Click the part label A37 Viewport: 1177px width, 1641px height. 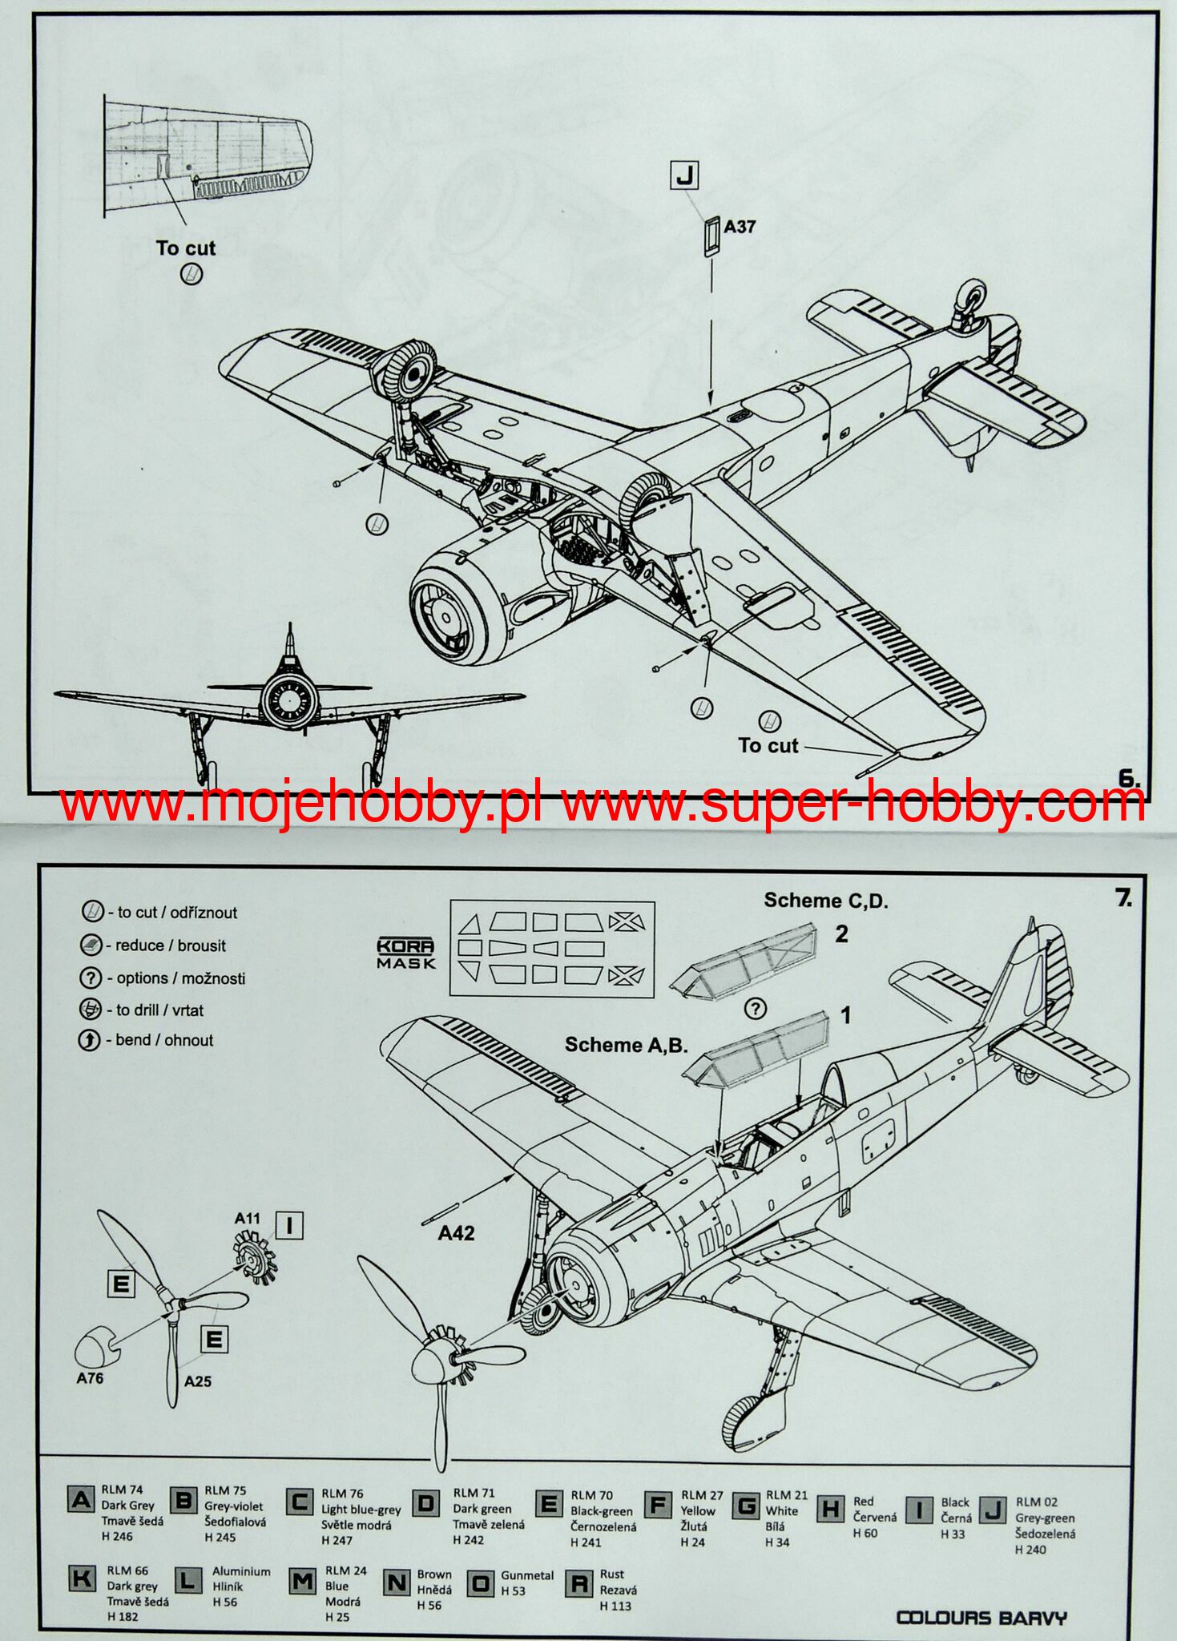[739, 227]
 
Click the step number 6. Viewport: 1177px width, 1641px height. [1128, 778]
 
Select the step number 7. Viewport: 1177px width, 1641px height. [1123, 899]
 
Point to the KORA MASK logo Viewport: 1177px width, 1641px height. [406, 954]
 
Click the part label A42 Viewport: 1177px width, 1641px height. [456, 1233]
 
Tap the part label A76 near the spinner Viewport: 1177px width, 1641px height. [90, 1378]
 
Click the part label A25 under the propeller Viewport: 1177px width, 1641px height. [197, 1381]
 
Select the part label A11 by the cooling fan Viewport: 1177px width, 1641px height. [248, 1219]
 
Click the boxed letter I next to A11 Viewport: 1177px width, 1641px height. [289, 1225]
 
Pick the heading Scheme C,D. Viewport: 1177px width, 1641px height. [825, 901]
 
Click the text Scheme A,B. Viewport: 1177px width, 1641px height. [626, 1045]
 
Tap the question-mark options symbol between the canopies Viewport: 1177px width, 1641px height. [756, 1009]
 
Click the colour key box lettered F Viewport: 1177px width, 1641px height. [658, 1506]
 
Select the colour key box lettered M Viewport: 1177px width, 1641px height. [302, 1581]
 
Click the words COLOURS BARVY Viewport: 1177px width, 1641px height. [981, 1617]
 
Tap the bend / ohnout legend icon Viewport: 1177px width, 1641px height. [89, 1040]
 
